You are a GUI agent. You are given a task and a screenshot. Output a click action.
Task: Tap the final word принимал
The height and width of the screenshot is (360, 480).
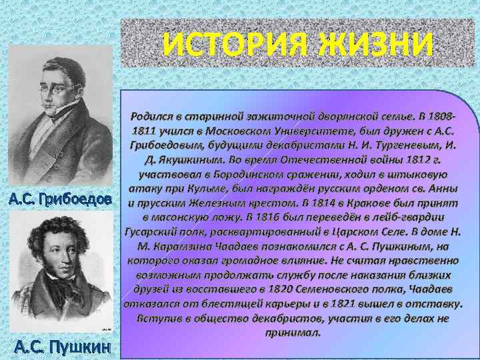click(293, 332)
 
